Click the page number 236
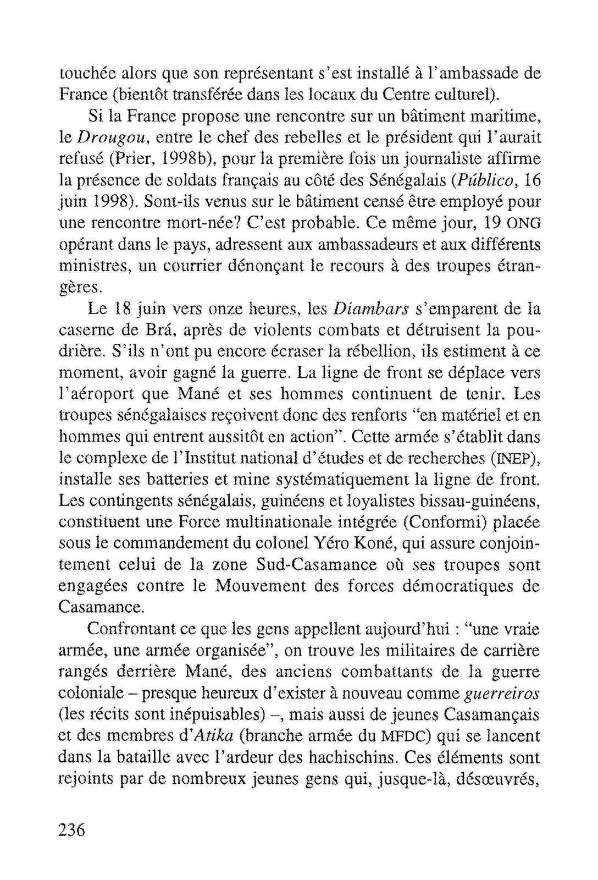click(x=72, y=830)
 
